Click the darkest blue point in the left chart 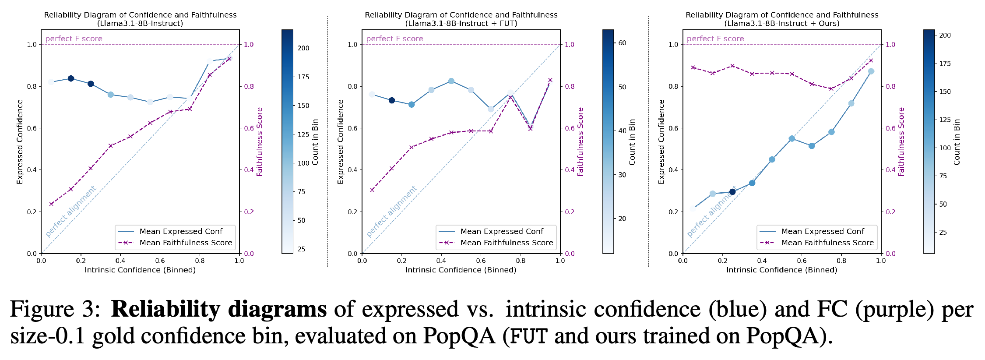pos(71,78)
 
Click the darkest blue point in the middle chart pos(392,100)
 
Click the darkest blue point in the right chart pos(732,191)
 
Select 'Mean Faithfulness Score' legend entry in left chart pos(186,243)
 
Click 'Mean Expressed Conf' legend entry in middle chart pos(502,231)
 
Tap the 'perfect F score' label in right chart pos(715,39)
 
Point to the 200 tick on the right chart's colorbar pos(945,35)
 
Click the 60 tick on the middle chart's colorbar pos(622,43)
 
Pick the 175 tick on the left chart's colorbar pos(303,77)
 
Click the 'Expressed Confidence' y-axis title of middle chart pos(341,142)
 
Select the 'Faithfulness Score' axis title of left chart pos(260,142)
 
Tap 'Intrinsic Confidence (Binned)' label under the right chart pos(781,270)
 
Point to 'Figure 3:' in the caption pos(55,309)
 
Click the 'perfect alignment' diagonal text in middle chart pos(391,212)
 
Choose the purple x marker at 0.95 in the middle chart pos(550,80)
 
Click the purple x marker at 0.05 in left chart pos(51,204)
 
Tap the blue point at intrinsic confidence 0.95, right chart pos(871,71)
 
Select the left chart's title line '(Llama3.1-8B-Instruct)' pos(140,23)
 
